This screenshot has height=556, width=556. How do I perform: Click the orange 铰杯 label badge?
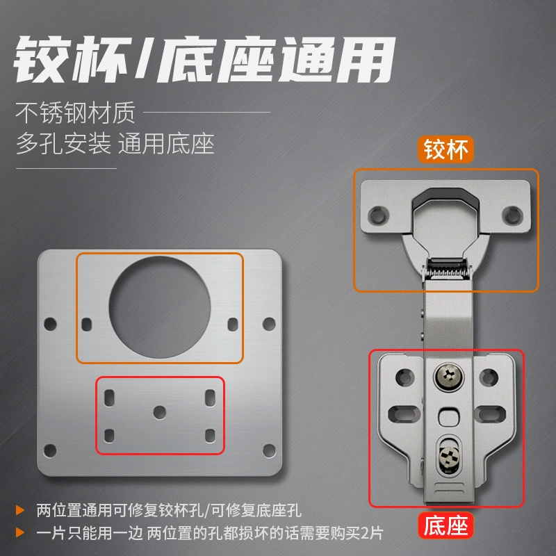coord(445,149)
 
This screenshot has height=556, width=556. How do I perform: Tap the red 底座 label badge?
coord(445,525)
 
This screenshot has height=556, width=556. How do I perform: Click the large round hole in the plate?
coord(160,307)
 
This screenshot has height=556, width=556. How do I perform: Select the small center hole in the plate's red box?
coord(160,412)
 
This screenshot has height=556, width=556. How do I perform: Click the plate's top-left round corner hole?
coord(50,324)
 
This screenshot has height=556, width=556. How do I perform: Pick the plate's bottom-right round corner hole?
coord(269,450)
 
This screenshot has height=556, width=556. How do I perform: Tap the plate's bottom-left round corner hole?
coord(50,450)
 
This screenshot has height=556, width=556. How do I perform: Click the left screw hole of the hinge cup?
coord(377,215)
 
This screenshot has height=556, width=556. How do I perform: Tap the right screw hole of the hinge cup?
coord(512,215)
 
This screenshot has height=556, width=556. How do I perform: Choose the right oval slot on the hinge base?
coord(492,414)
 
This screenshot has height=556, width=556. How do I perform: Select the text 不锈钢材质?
coord(75,113)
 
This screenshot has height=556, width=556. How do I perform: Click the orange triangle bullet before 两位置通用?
coord(20,511)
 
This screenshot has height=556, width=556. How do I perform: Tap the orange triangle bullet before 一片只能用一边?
coord(20,532)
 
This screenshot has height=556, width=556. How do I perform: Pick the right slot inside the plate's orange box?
coord(233,325)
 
